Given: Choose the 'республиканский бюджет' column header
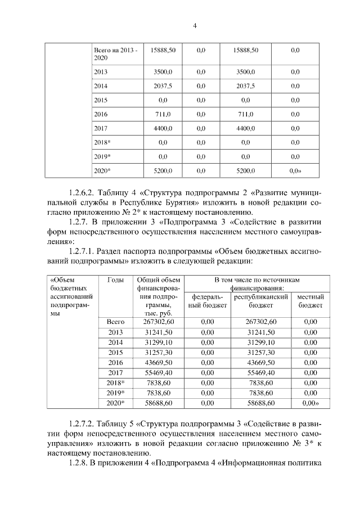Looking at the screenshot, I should tap(261, 300).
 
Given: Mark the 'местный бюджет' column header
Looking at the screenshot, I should tap(310, 300).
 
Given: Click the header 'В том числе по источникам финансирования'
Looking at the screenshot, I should tap(257, 283).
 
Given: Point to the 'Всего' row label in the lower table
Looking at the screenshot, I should tap(115, 321).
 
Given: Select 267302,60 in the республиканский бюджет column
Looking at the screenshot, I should tap(261, 321).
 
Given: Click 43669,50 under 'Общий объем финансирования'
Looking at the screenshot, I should tap(159, 362).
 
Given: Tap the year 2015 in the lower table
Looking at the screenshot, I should tap(115, 352).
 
